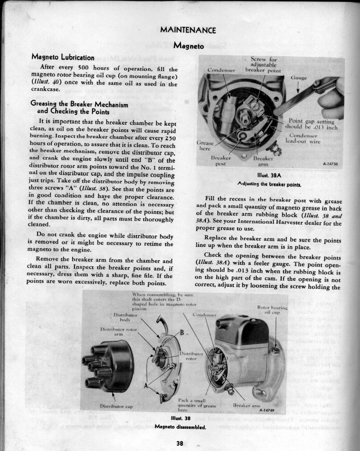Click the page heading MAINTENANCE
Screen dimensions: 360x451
(x=188, y=30)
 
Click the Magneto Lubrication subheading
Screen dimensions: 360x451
(x=63, y=57)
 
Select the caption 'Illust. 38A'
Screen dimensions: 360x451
(x=269, y=176)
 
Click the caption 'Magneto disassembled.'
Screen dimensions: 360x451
(x=180, y=426)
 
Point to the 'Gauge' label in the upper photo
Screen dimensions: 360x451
(x=299, y=78)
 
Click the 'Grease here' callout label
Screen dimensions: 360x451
(x=205, y=146)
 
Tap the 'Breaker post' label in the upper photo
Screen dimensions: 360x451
(x=221, y=161)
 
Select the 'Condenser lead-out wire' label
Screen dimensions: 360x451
(x=303, y=138)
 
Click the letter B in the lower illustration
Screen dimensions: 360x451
(x=182, y=333)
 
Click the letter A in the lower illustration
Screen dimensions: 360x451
(x=146, y=385)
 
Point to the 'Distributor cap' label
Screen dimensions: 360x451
(x=116, y=406)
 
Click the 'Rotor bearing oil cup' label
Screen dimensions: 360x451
(x=272, y=310)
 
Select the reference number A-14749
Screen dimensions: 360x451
(x=267, y=410)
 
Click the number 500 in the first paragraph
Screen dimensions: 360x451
(x=85, y=68)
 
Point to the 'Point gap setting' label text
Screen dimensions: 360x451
(x=311, y=121)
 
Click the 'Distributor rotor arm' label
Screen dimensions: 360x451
(x=119, y=332)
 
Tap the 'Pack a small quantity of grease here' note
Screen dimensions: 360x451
(x=197, y=405)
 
